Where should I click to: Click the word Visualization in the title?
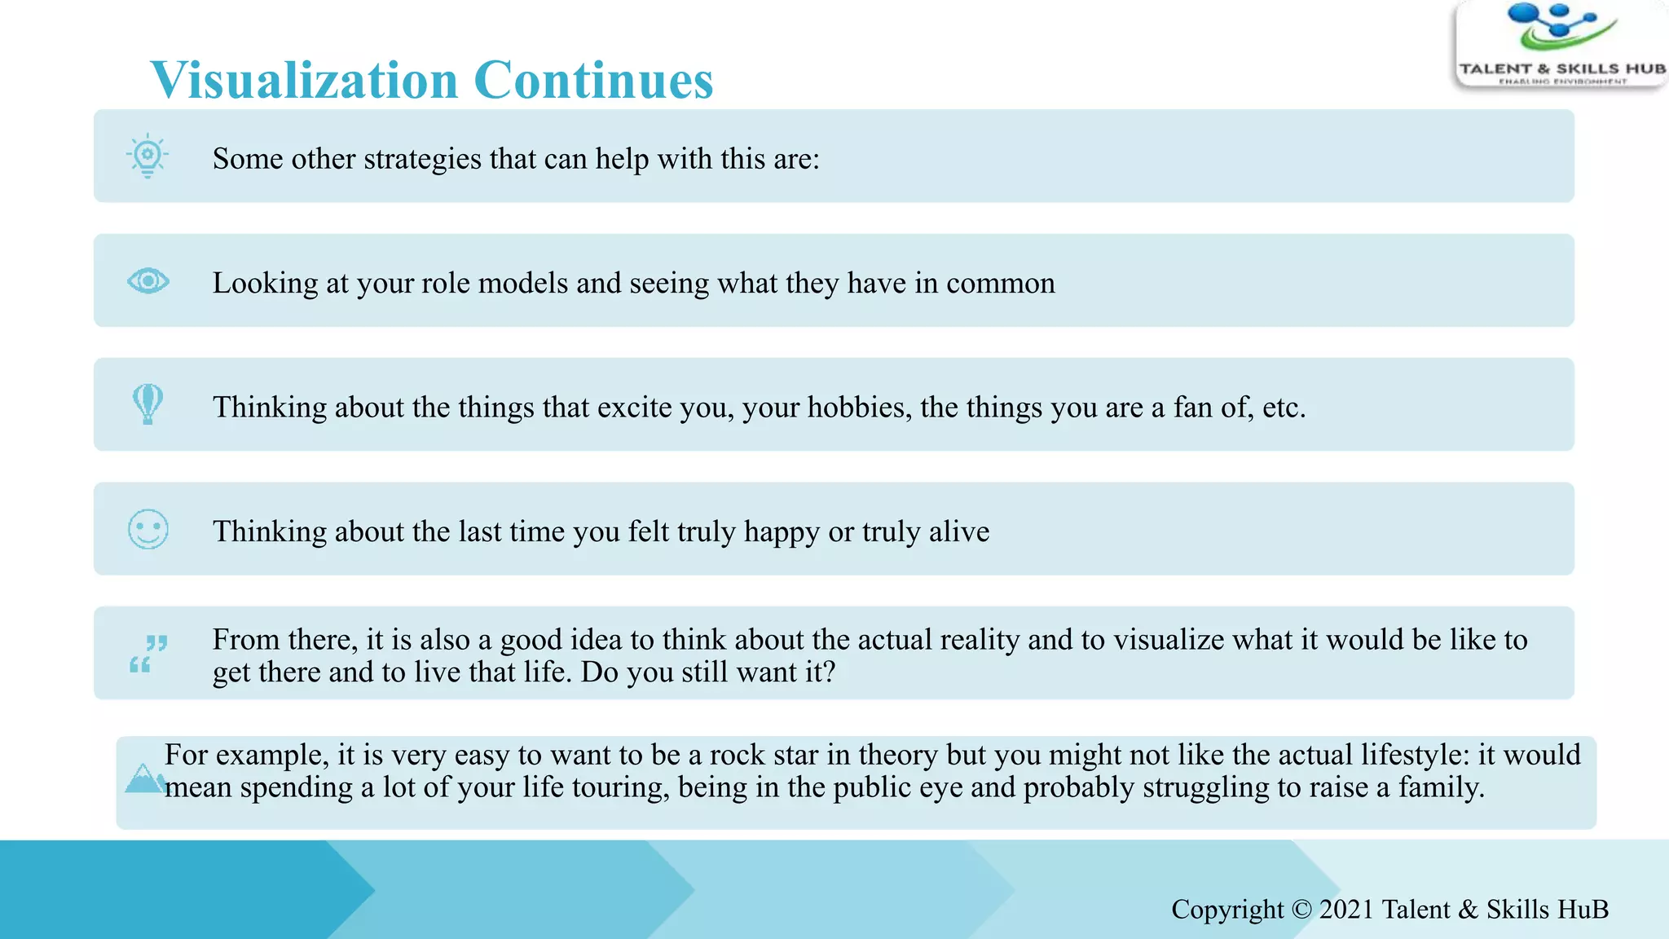304,81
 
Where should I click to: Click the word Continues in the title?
593,81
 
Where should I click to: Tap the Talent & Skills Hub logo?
1561,44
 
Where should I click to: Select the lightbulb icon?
148,155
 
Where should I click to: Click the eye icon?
148,281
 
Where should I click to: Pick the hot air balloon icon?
148,404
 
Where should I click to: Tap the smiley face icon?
148,530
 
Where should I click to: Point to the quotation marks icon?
148,654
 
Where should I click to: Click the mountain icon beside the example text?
144,779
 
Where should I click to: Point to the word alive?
959,531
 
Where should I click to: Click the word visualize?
1169,640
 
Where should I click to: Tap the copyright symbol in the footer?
1301,909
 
